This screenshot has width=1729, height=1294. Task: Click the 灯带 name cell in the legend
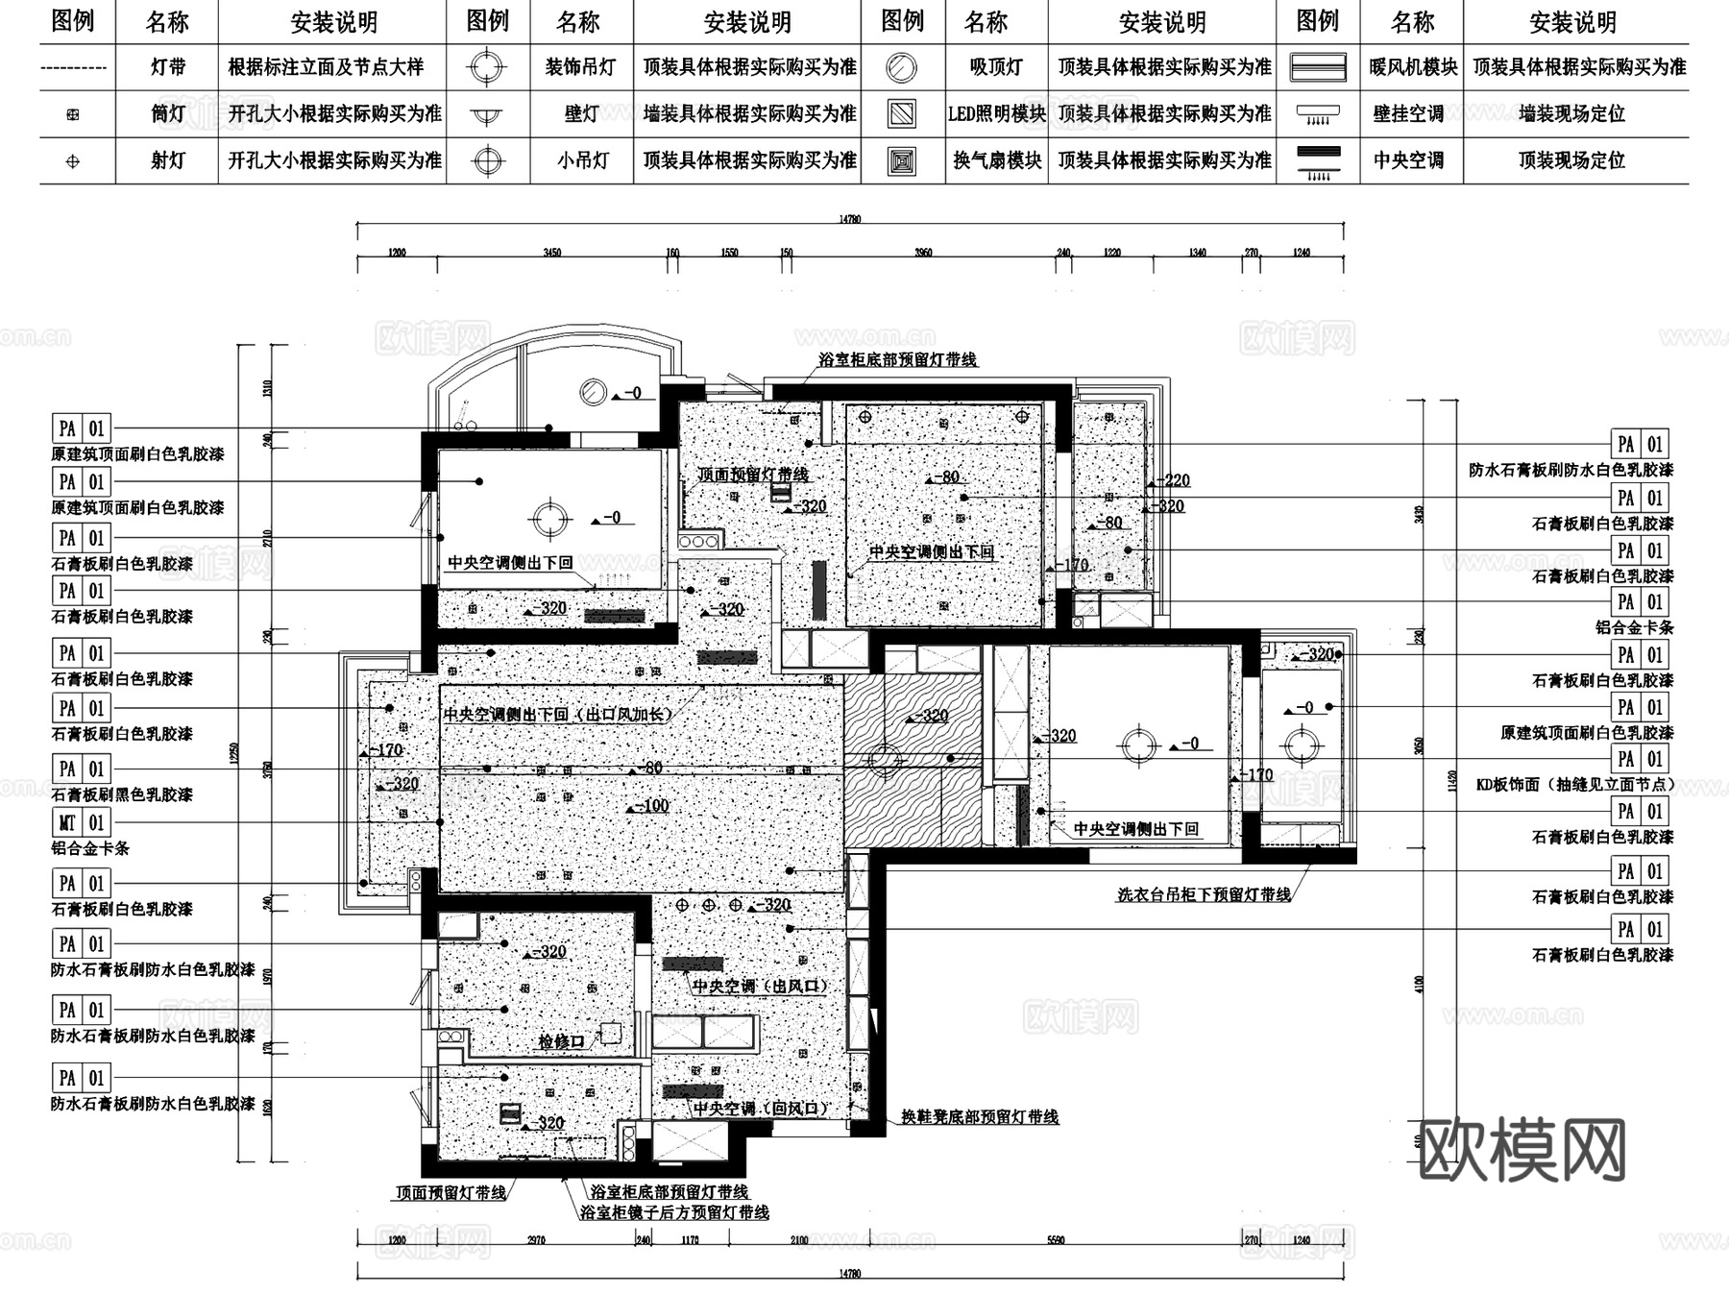tap(168, 67)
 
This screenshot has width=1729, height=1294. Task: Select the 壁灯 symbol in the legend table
tap(487, 114)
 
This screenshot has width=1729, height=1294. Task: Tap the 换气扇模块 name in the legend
tap(997, 160)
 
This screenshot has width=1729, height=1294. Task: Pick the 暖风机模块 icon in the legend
tap(1317, 67)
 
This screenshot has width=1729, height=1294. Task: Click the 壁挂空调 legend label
tap(1408, 114)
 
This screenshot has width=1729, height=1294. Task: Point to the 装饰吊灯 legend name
tap(581, 67)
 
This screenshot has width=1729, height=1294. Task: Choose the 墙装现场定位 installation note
tap(1572, 114)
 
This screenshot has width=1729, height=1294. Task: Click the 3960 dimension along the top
tap(923, 253)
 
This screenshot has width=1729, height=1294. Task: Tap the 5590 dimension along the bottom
tap(1055, 1240)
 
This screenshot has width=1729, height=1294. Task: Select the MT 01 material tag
tap(82, 823)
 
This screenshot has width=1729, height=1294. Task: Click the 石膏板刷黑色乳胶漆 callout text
tap(122, 794)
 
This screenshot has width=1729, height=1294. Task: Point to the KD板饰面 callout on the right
tap(1575, 784)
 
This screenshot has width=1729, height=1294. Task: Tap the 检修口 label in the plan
tap(561, 1041)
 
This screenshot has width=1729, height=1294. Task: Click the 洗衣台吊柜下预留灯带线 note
tap(1204, 894)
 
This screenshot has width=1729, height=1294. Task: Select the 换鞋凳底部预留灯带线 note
tap(979, 1117)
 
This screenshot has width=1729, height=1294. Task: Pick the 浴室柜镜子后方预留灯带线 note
tap(674, 1213)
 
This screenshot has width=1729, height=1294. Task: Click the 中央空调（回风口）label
tap(760, 1109)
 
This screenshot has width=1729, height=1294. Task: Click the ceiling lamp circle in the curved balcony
tap(593, 391)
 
